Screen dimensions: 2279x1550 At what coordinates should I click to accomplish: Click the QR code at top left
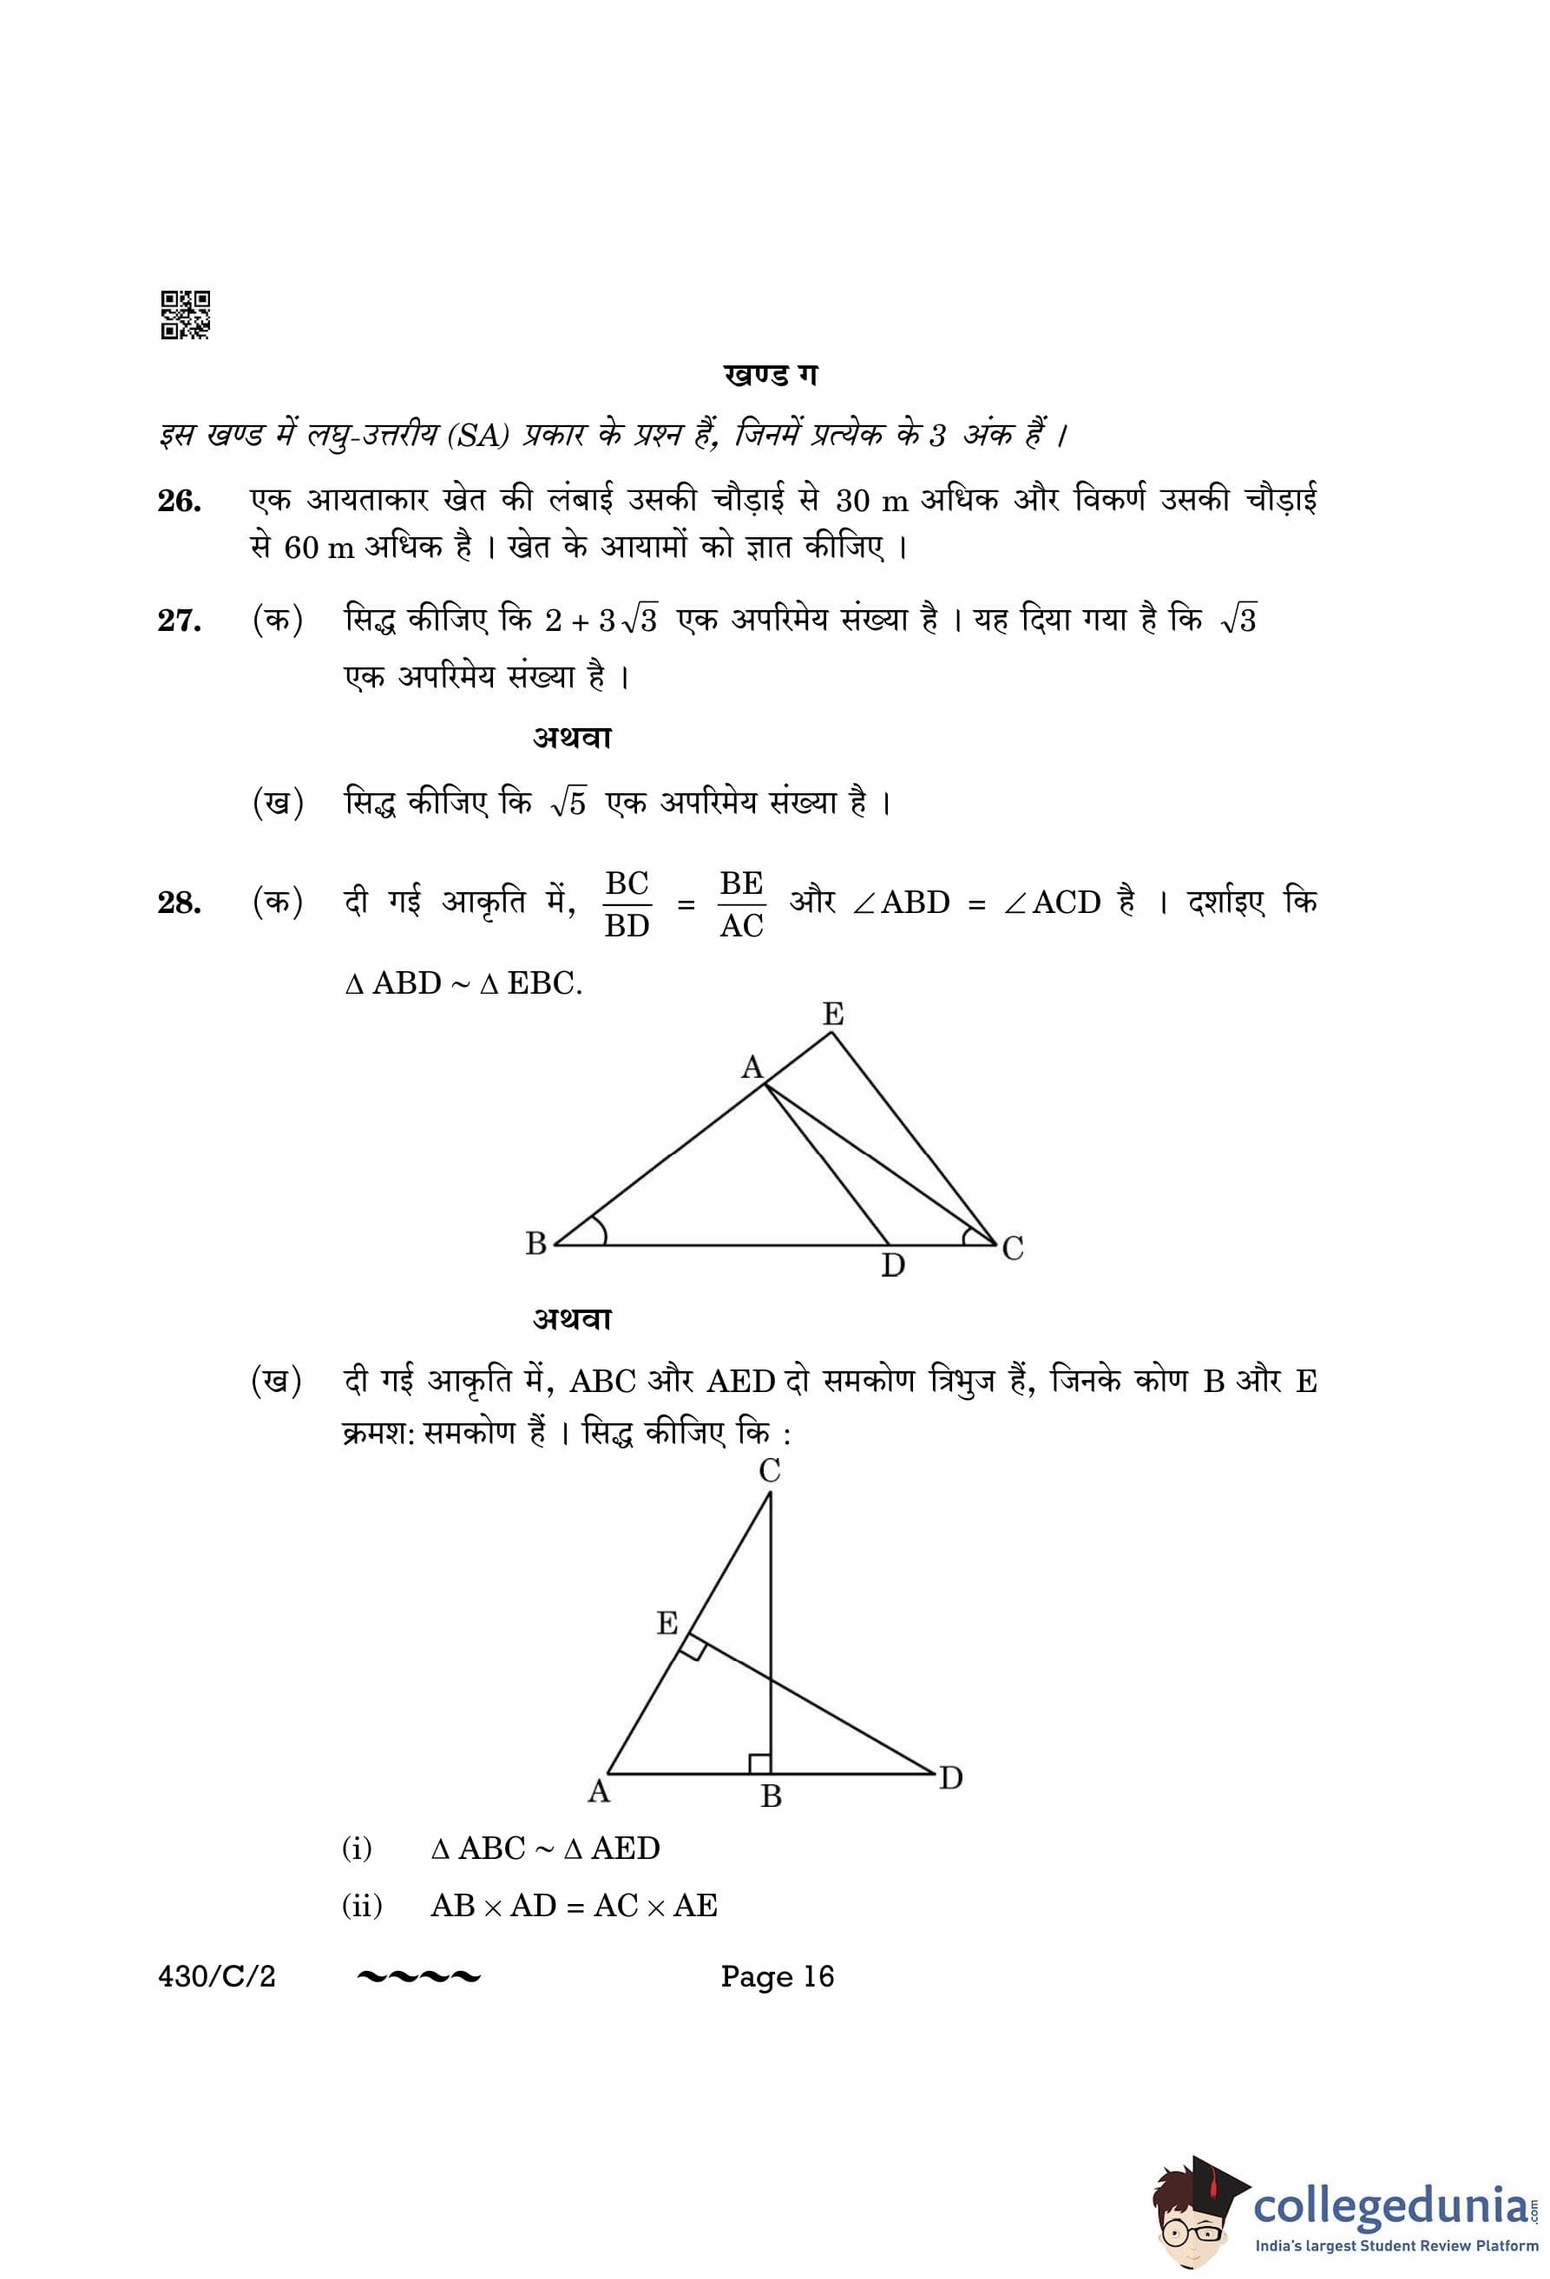pyautogui.click(x=184, y=315)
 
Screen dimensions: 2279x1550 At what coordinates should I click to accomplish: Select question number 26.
pyautogui.click(x=180, y=501)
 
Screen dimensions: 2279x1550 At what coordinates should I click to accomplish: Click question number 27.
pyautogui.click(x=180, y=621)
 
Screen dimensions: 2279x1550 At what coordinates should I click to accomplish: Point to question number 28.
pyautogui.click(x=180, y=903)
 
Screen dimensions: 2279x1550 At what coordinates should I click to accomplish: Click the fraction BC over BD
pyautogui.click(x=627, y=903)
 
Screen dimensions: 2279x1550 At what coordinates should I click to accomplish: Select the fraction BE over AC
pyautogui.click(x=740, y=903)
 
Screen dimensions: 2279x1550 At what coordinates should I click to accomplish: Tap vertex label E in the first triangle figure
pyautogui.click(x=832, y=1014)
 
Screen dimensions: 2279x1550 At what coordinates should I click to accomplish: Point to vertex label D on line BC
pyautogui.click(x=892, y=1266)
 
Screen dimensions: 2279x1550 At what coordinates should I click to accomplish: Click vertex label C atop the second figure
pyautogui.click(x=770, y=1471)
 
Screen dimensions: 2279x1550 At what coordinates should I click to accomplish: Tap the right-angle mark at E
pyautogui.click(x=693, y=1647)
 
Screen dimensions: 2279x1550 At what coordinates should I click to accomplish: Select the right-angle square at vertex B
pyautogui.click(x=759, y=1763)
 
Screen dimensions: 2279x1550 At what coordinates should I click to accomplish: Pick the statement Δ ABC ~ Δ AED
pyautogui.click(x=545, y=1849)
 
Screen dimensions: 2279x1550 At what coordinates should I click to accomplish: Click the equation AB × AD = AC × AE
pyautogui.click(x=574, y=1905)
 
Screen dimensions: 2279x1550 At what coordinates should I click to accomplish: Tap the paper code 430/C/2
pyautogui.click(x=217, y=1976)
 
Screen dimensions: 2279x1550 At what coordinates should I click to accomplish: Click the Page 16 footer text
pyautogui.click(x=777, y=1976)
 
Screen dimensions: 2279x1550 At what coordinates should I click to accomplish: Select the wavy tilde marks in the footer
pyautogui.click(x=419, y=1976)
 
